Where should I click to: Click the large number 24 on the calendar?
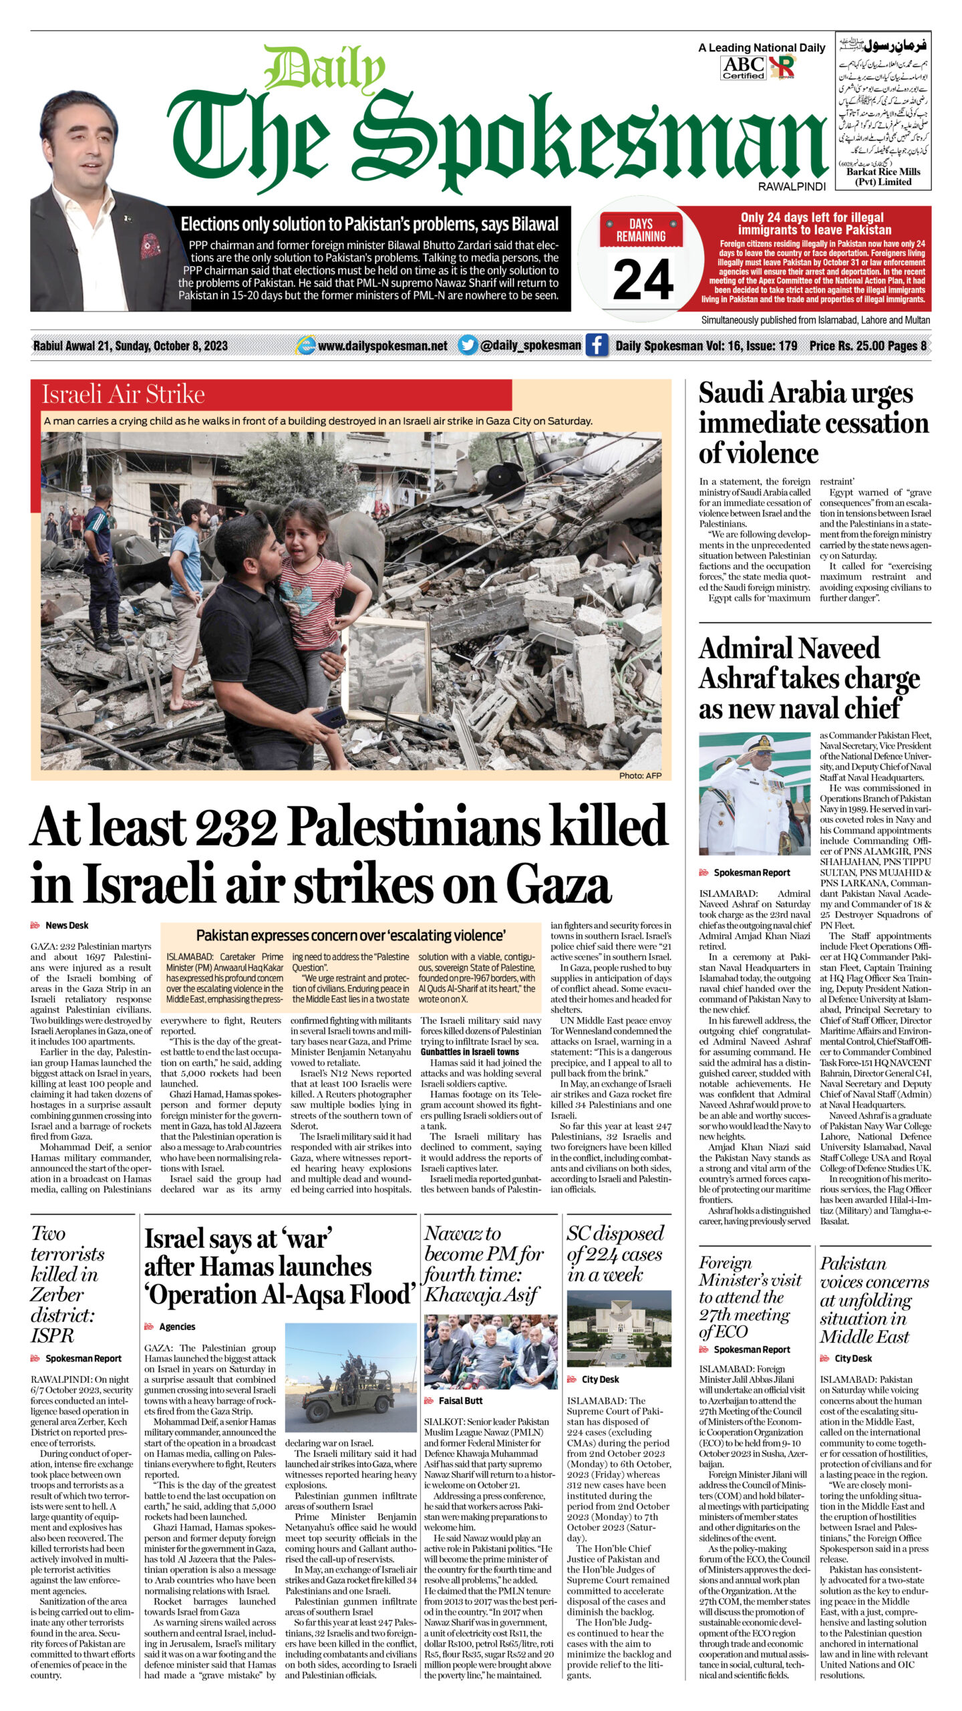click(x=642, y=279)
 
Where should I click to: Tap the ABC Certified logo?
click(x=744, y=68)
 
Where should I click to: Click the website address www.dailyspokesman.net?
click(x=382, y=346)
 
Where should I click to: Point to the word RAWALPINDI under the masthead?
click(x=792, y=187)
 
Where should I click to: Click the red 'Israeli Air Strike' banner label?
click(x=124, y=394)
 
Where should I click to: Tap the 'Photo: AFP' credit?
click(x=640, y=775)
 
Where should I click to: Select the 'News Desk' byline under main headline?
click(x=66, y=925)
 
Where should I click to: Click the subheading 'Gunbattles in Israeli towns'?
click(x=470, y=1051)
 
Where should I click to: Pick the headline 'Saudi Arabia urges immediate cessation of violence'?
click(x=813, y=422)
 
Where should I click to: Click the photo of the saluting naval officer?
click(x=754, y=793)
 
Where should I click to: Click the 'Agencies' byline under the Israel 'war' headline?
click(x=177, y=1327)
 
